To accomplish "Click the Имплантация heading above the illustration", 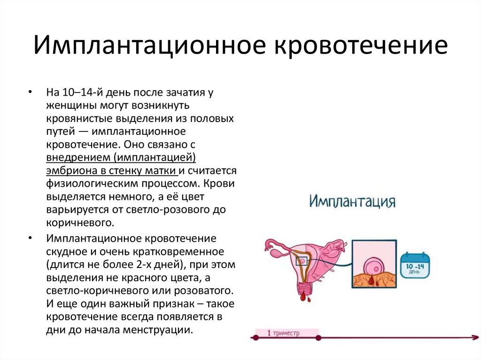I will click(x=352, y=202).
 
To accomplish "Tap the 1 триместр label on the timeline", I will click(x=283, y=333).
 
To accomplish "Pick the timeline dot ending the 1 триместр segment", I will click(x=318, y=337).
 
